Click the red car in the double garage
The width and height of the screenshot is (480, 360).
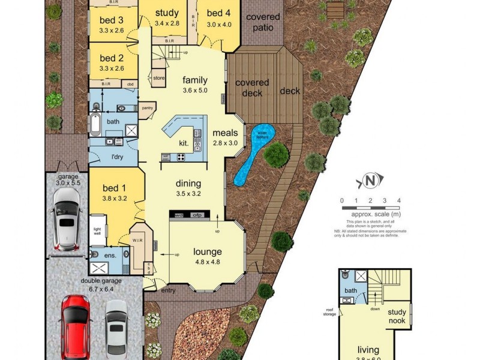[x=76, y=325]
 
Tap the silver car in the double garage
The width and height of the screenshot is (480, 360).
[x=116, y=328]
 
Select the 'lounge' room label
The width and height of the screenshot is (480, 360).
[x=207, y=251]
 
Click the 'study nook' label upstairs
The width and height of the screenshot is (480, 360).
[x=397, y=316]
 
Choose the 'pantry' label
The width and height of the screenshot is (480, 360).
[x=146, y=108]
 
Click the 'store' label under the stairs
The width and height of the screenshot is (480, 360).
[x=158, y=78]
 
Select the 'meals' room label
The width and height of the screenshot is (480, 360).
[x=225, y=133]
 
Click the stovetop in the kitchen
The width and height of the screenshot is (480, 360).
[x=181, y=157]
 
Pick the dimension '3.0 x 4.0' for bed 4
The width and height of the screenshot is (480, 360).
[x=218, y=24]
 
